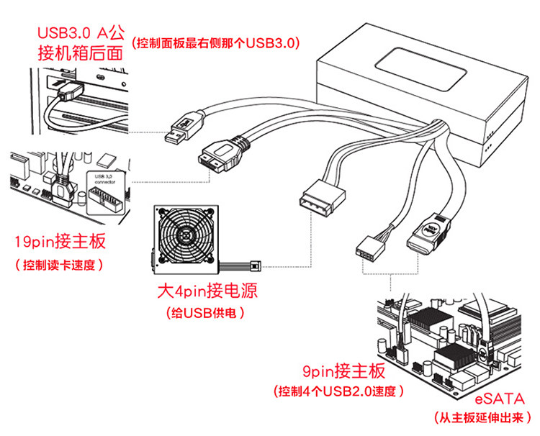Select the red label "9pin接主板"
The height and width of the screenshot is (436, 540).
(x=343, y=371)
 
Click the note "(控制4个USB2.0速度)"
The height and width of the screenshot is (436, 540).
(x=338, y=392)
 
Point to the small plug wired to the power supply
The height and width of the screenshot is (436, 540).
(x=256, y=263)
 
